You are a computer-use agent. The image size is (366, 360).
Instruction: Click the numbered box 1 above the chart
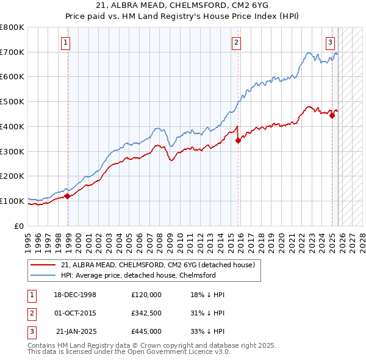[65, 42]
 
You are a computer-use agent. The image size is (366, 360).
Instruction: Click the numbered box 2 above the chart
[235, 42]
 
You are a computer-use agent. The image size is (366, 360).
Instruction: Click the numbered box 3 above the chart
[329, 42]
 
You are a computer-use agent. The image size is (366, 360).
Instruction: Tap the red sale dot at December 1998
[68, 196]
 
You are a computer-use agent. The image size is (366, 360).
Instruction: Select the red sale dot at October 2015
[238, 140]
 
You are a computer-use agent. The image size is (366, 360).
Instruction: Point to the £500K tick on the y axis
[12, 101]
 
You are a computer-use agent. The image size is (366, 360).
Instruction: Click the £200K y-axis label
[12, 176]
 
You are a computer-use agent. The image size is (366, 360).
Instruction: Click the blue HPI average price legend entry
[138, 275]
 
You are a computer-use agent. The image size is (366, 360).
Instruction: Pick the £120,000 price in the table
[146, 295]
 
